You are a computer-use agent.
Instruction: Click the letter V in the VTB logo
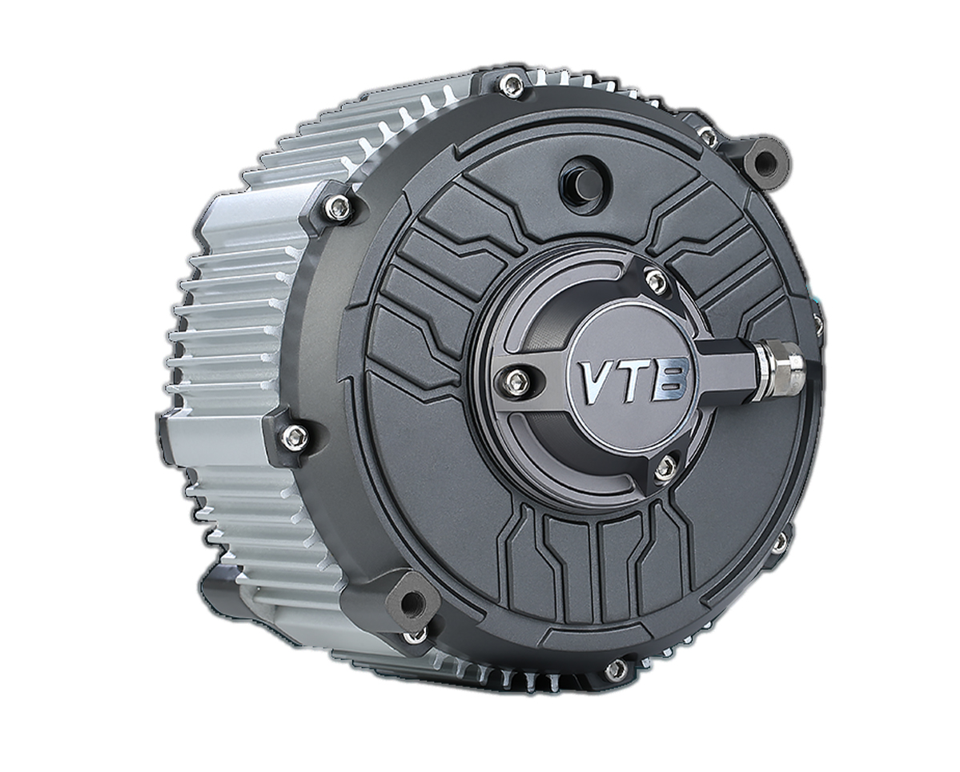pyautogui.click(x=596, y=383)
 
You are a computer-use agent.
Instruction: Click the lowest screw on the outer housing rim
pyautogui.click(x=616, y=670)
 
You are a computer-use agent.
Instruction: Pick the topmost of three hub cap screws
pyautogui.click(x=656, y=281)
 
